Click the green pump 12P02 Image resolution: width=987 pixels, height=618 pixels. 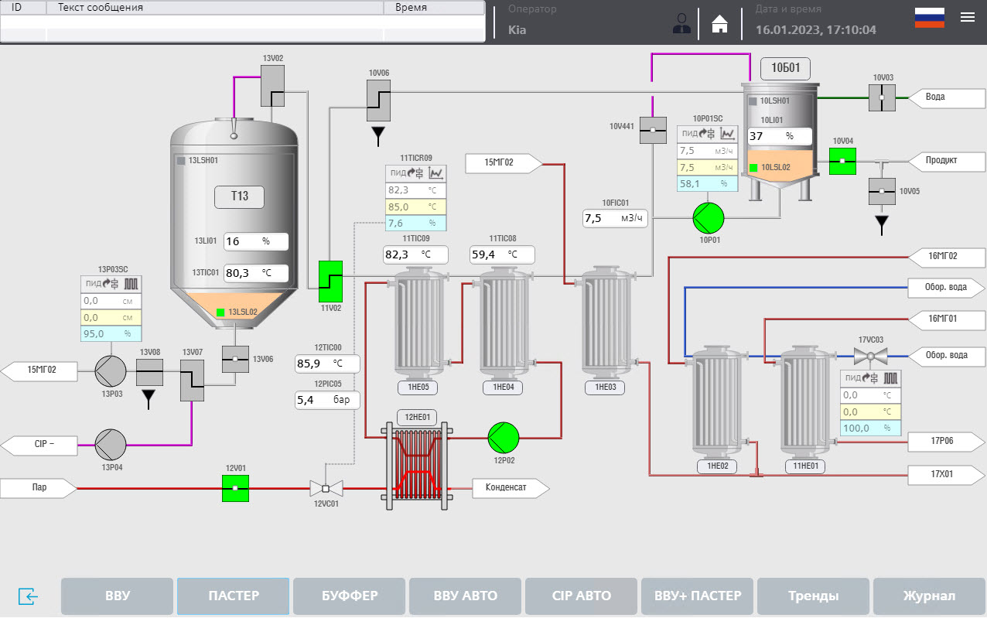click(x=504, y=438)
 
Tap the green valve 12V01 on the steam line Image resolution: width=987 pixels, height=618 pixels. click(x=235, y=488)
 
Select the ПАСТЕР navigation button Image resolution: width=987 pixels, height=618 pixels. click(x=233, y=596)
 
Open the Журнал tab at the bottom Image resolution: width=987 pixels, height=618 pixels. click(x=929, y=596)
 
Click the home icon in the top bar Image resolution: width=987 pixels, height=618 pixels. click(x=719, y=24)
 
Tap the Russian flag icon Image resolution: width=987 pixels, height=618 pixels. click(x=929, y=18)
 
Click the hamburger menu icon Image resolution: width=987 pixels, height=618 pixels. click(x=968, y=18)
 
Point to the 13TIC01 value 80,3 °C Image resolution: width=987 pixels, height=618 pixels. click(x=255, y=272)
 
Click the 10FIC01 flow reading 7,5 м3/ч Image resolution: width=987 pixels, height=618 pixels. click(x=615, y=218)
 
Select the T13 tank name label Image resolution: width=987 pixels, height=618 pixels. click(x=239, y=196)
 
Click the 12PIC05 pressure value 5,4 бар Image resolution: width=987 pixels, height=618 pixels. click(x=327, y=400)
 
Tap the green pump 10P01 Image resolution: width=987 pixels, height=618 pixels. click(x=708, y=218)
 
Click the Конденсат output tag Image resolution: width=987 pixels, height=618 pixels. click(x=507, y=487)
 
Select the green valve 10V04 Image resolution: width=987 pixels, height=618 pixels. click(x=842, y=161)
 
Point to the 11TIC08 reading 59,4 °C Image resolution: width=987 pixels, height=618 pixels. click(x=501, y=254)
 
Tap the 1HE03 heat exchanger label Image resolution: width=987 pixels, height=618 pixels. click(x=606, y=388)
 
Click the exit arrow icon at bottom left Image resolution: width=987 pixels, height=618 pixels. click(x=28, y=596)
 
